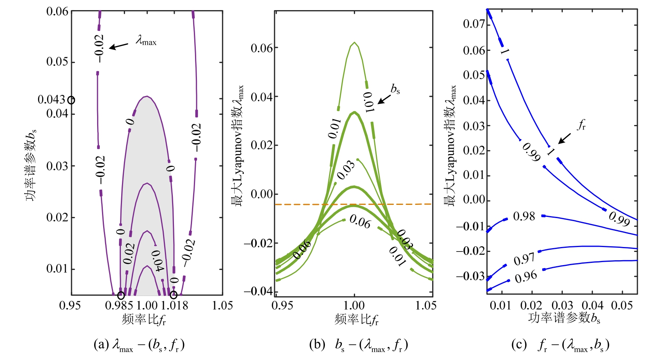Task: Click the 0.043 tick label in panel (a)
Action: point(51,99)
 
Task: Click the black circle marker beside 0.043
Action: point(71,100)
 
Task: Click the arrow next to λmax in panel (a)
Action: point(119,46)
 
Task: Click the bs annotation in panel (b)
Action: point(395,89)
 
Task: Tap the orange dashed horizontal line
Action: point(354,204)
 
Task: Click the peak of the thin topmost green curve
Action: point(354,43)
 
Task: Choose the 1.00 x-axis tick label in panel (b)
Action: point(354,305)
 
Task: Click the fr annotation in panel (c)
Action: point(581,125)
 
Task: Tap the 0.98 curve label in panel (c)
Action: point(524,217)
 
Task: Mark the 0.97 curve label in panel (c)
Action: point(524,259)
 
